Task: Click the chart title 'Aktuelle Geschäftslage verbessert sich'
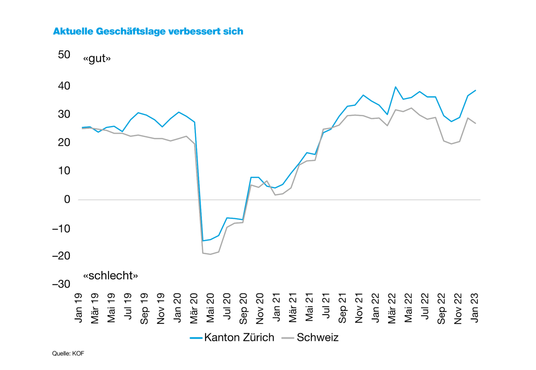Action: click(148, 32)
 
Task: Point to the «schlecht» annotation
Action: click(111, 275)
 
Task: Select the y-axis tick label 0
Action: click(67, 199)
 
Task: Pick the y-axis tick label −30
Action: click(62, 284)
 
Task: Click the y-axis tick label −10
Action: click(62, 228)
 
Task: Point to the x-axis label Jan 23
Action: click(475, 308)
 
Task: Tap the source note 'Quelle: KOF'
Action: click(68, 354)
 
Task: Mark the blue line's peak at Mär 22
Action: click(395, 87)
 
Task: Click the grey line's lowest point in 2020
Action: click(211, 254)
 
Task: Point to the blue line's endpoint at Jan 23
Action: click(476, 90)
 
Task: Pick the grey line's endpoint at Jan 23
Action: click(476, 123)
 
